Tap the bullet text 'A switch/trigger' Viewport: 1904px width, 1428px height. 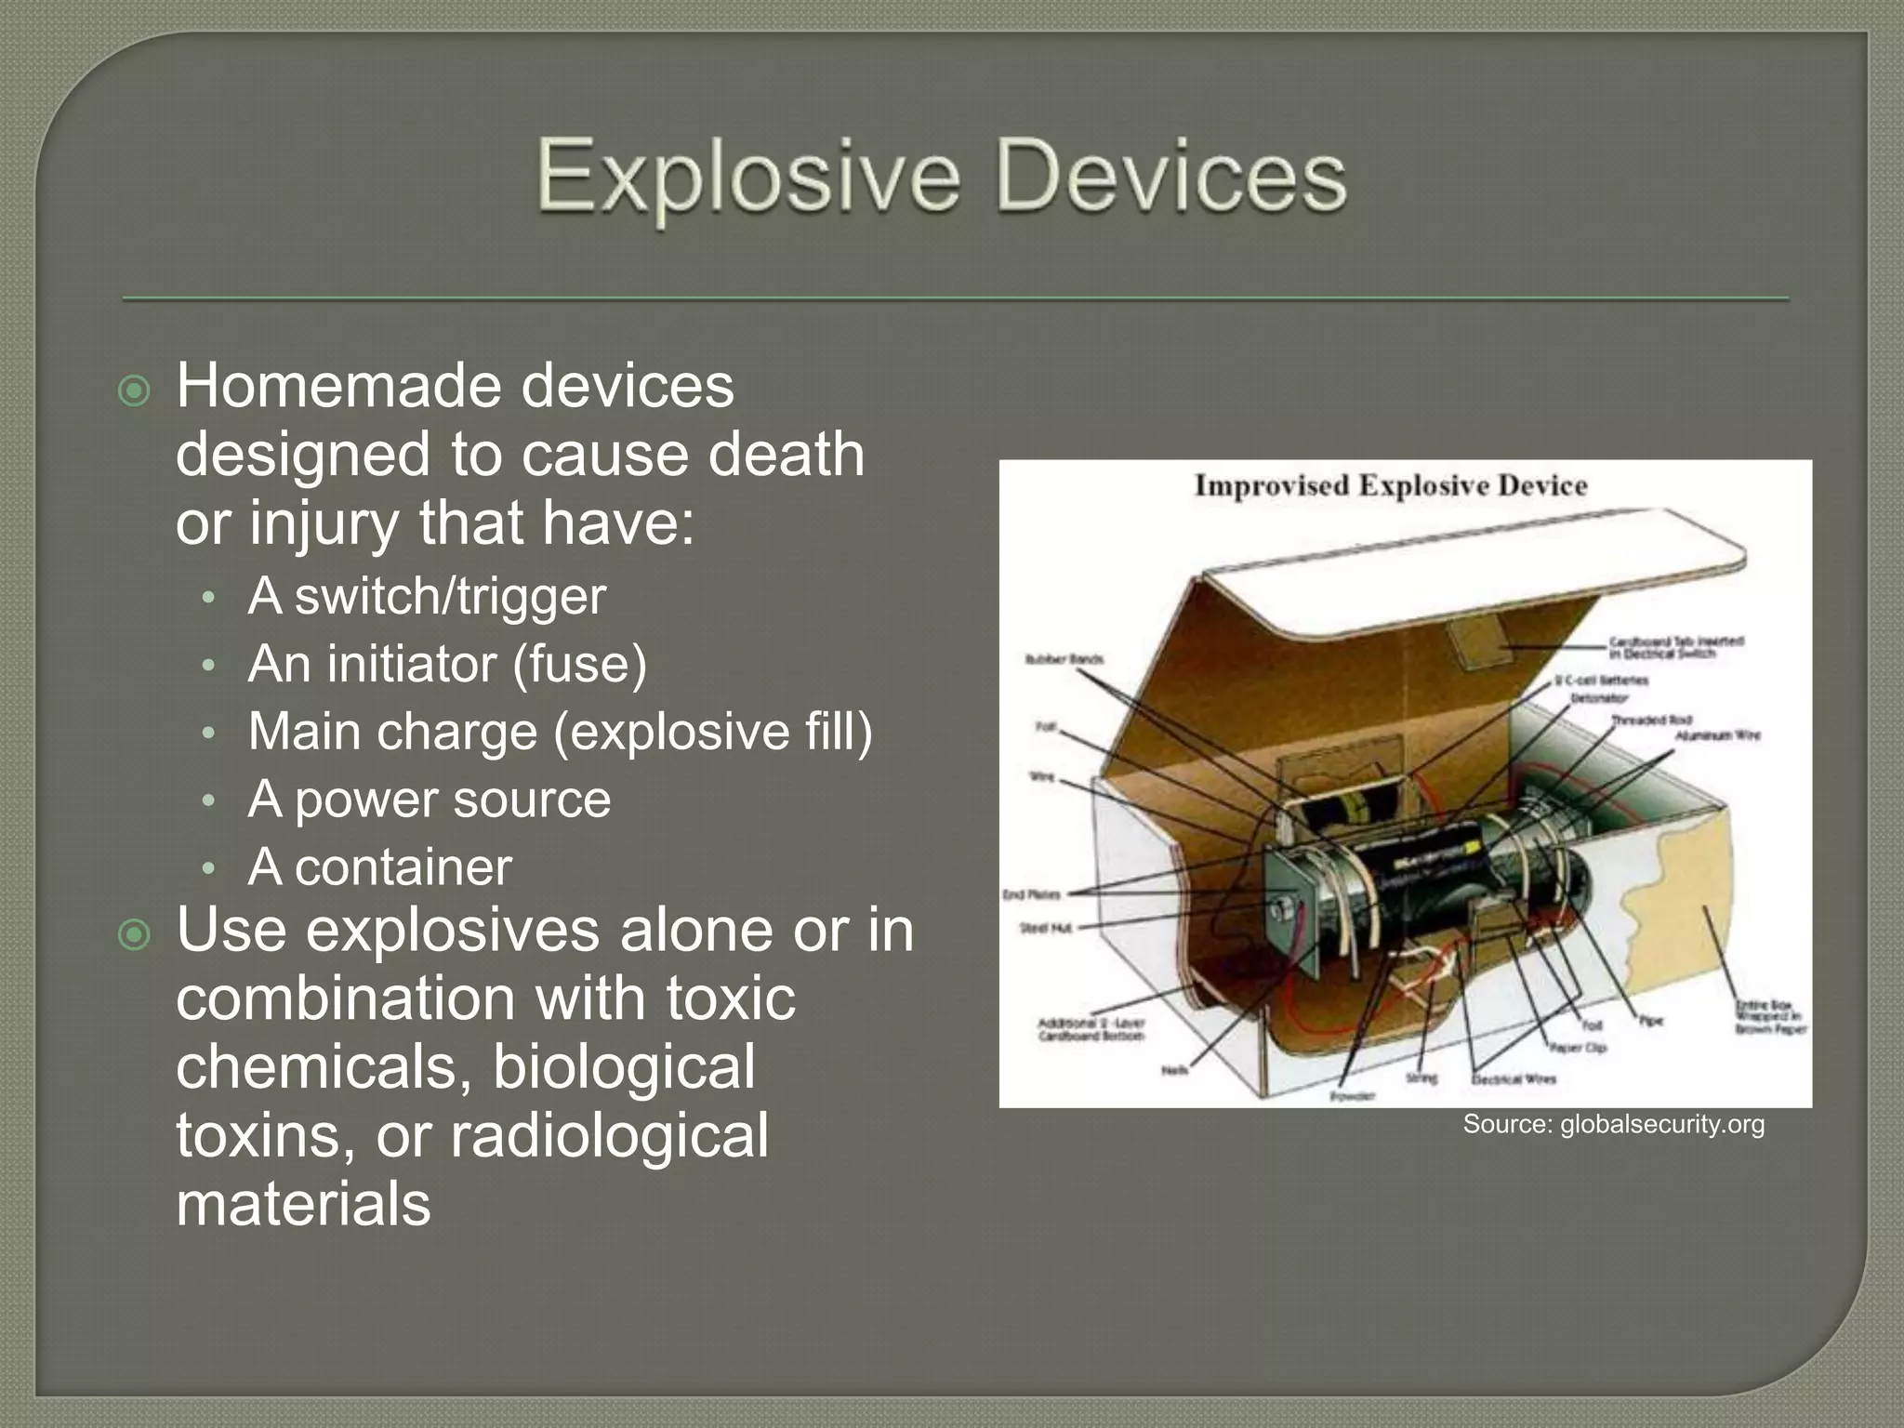pos(427,596)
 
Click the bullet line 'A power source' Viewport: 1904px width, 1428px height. pos(429,800)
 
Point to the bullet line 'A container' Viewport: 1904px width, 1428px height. pos(379,867)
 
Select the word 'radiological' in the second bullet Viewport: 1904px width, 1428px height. pos(609,1135)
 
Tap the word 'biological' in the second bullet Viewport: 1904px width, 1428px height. pos(624,1066)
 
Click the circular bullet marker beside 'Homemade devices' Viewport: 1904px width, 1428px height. pos(135,391)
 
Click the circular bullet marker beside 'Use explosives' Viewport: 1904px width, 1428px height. pos(135,935)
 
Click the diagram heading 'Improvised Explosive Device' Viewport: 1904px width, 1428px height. pos(1390,485)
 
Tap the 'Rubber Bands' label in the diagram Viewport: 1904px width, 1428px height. pos(1064,659)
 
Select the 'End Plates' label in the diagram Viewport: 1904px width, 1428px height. pos(1031,894)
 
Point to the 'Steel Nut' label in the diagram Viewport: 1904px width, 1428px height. pos(1046,928)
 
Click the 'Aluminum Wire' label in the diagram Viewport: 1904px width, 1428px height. pos(1717,735)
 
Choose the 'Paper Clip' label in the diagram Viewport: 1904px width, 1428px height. pos(1577,1048)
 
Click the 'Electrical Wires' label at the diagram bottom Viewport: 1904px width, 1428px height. pos(1514,1079)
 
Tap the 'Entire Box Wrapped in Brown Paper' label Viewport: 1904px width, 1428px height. pos(1769,1017)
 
